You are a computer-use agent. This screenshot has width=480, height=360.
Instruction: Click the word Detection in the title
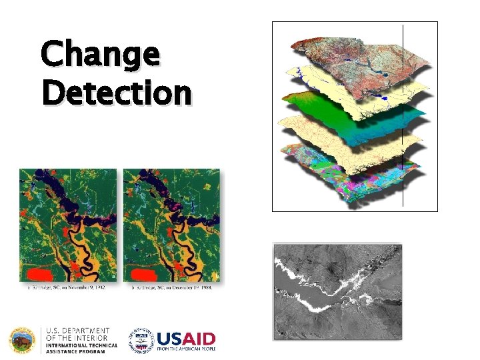(116, 93)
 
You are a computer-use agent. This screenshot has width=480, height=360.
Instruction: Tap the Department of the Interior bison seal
(23, 339)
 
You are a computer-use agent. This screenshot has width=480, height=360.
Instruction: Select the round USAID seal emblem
(141, 339)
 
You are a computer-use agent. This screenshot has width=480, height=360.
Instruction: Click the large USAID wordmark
(185, 337)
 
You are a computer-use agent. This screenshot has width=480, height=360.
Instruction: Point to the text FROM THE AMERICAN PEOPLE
(185, 349)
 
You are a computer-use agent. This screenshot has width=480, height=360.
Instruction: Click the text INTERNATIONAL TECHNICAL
(81, 345)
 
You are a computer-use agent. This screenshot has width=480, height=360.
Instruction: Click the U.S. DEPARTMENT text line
(77, 331)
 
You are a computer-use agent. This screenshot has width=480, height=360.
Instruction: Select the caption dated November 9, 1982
(67, 288)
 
